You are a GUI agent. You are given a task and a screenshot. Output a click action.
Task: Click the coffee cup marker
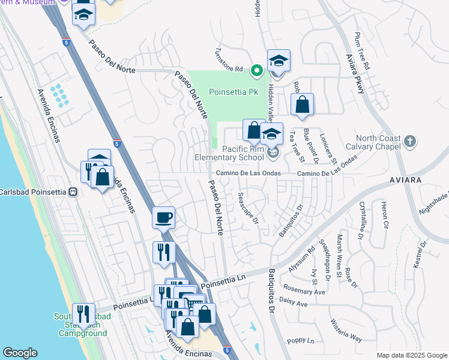tap(163, 218)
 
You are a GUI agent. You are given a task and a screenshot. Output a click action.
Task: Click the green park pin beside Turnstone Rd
tap(256, 71)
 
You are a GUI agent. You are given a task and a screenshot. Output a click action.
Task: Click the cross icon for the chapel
tap(409, 142)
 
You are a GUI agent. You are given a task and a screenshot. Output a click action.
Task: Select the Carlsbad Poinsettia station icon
tap(73, 192)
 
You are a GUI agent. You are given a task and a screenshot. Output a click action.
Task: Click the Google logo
tap(20, 353)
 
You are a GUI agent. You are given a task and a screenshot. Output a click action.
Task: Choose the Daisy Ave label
tap(294, 304)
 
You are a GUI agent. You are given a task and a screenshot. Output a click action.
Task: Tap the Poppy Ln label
tap(301, 341)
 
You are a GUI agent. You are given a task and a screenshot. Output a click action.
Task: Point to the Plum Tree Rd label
tap(362, 52)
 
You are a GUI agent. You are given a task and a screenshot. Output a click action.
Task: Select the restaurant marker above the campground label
tap(83, 314)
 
